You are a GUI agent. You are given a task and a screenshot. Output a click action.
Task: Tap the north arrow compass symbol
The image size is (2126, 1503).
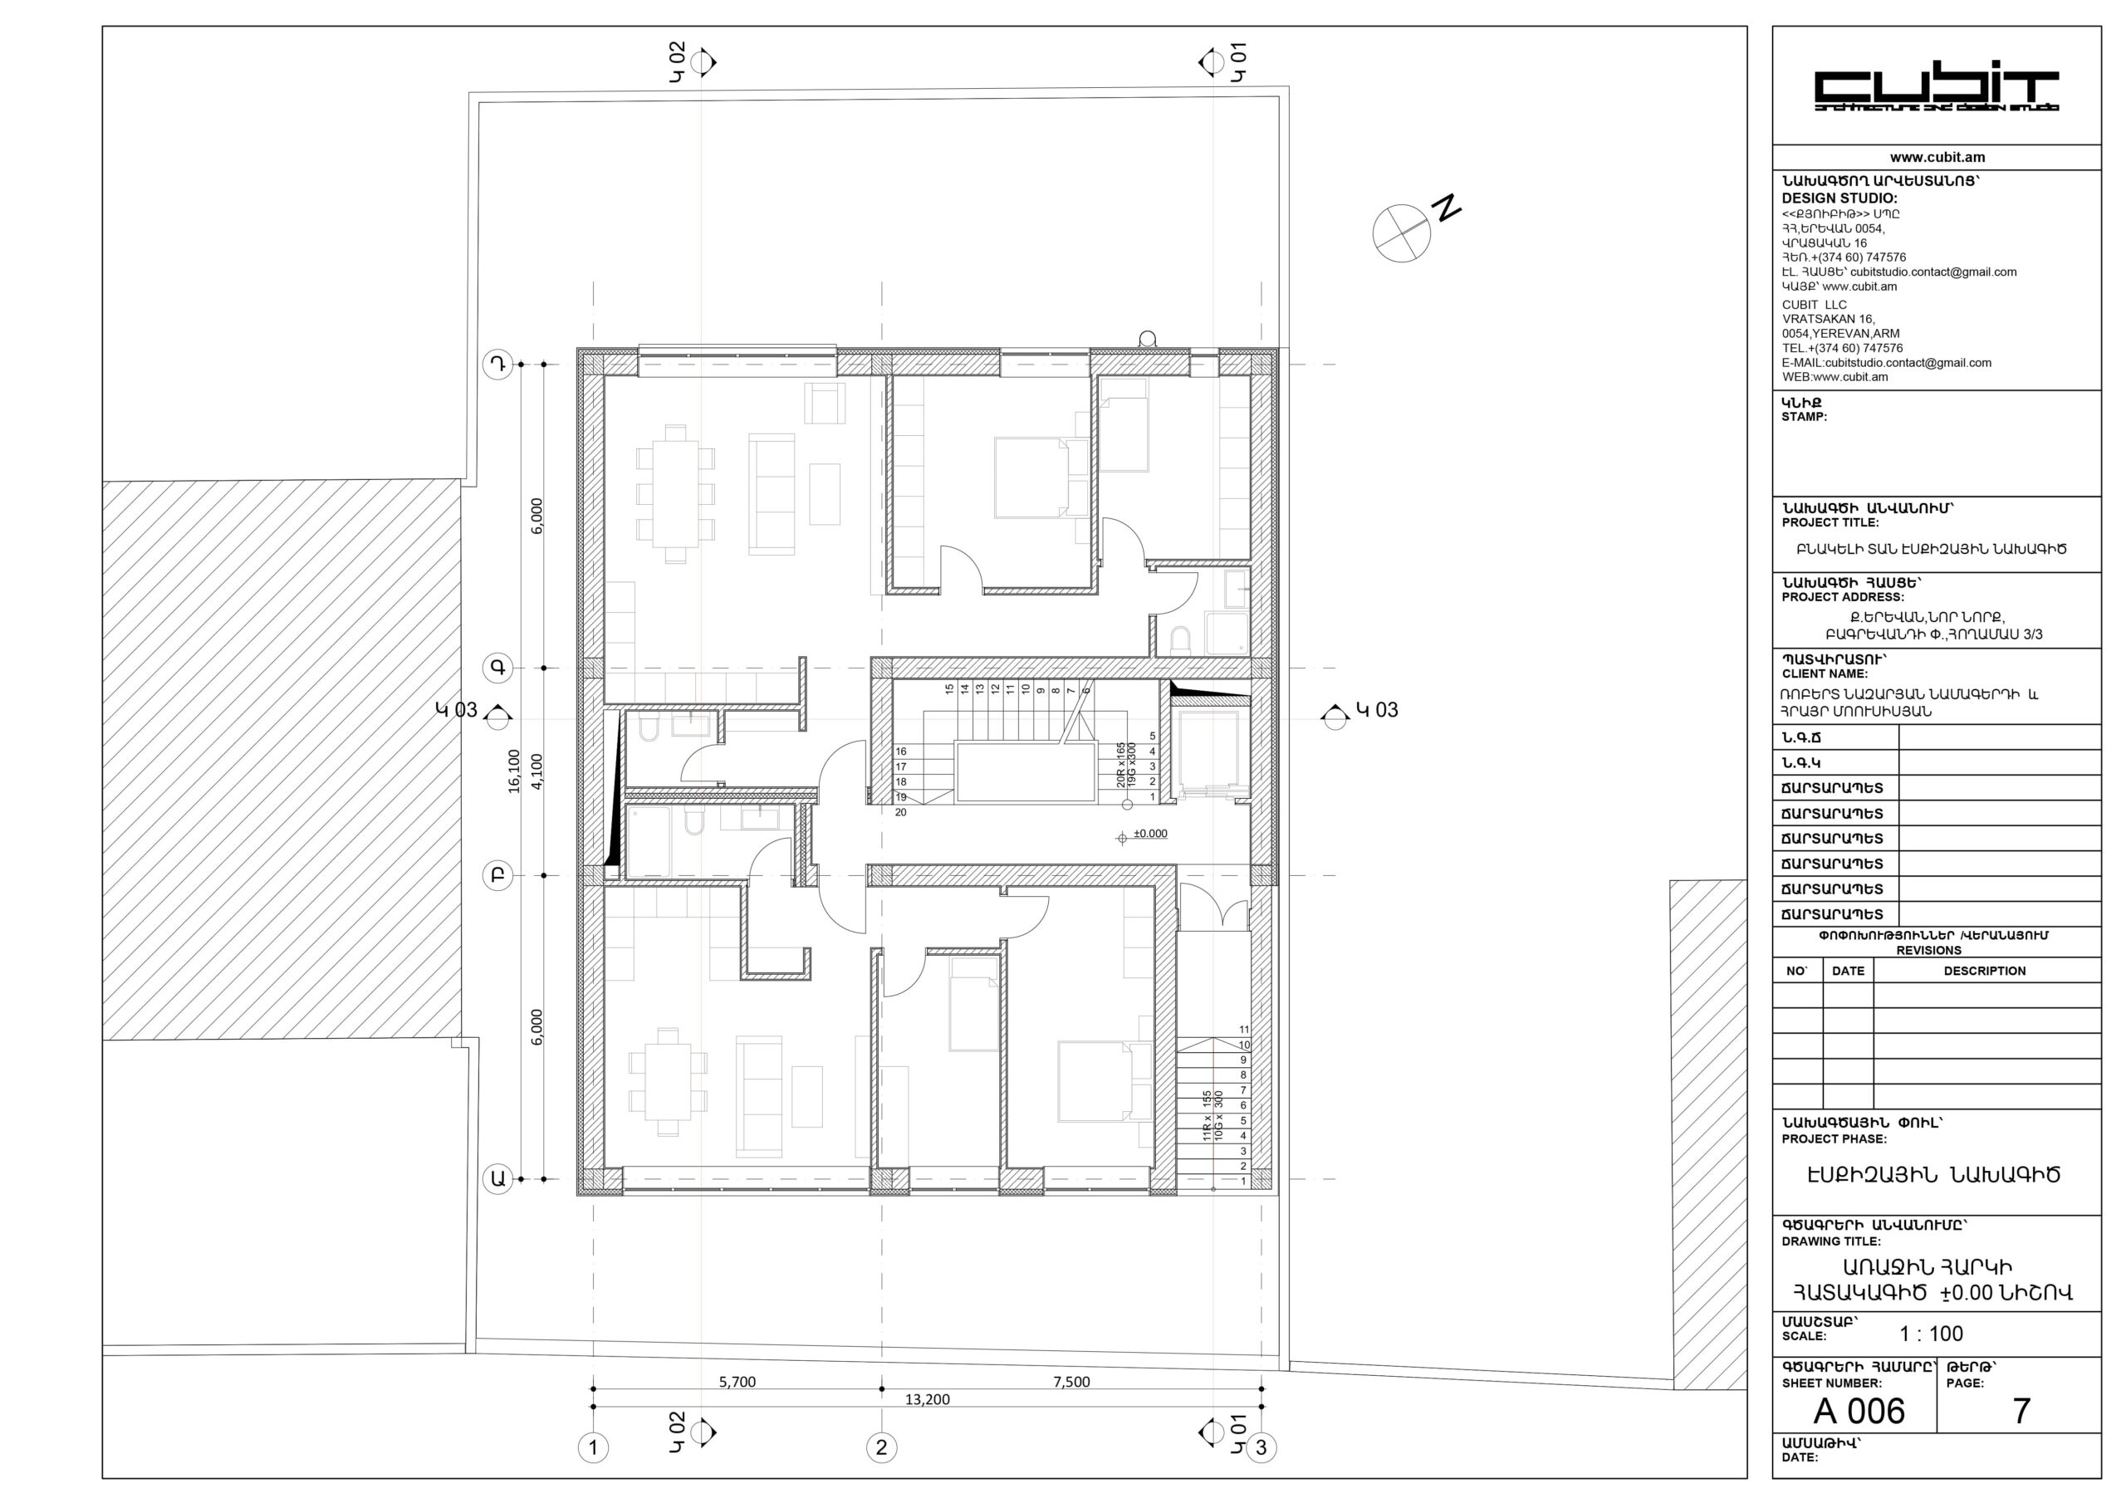(1401, 233)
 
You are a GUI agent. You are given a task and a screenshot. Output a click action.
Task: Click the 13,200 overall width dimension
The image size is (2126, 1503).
(927, 1399)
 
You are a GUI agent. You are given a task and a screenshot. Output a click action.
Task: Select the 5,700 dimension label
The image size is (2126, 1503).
(737, 1382)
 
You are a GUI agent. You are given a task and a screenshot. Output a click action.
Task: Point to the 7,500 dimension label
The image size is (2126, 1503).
(1071, 1382)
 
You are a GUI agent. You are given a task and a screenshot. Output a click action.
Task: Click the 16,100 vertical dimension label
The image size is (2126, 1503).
(514, 771)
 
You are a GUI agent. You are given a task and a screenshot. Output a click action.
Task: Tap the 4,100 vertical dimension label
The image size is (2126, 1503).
(537, 771)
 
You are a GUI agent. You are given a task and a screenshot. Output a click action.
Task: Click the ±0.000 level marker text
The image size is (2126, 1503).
(1150, 834)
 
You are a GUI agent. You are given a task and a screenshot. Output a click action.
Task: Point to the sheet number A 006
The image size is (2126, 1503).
(1859, 1412)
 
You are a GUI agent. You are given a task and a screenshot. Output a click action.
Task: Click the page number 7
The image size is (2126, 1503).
(2021, 1412)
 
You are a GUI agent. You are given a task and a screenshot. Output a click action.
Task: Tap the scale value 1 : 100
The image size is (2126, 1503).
(1931, 1334)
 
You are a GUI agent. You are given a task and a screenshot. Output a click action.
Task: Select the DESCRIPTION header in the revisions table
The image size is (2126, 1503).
(1984, 971)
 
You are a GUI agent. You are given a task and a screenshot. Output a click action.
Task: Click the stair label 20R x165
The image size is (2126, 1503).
(1121, 764)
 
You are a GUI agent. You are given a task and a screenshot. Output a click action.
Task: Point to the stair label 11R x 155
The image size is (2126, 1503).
(1207, 1116)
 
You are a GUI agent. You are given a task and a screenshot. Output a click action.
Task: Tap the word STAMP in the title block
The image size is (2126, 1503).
(1804, 417)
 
